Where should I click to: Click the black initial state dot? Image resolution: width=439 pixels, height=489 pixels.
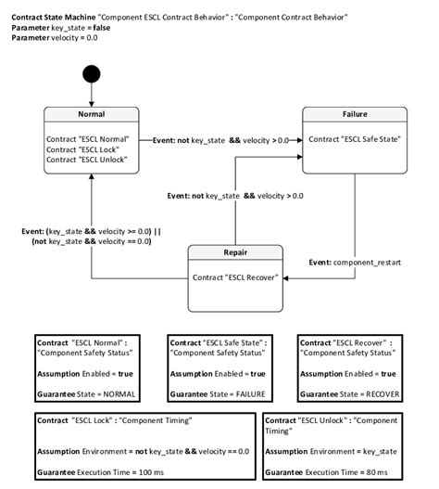click(x=90, y=73)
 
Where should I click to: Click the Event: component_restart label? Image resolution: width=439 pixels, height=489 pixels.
click(x=355, y=263)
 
